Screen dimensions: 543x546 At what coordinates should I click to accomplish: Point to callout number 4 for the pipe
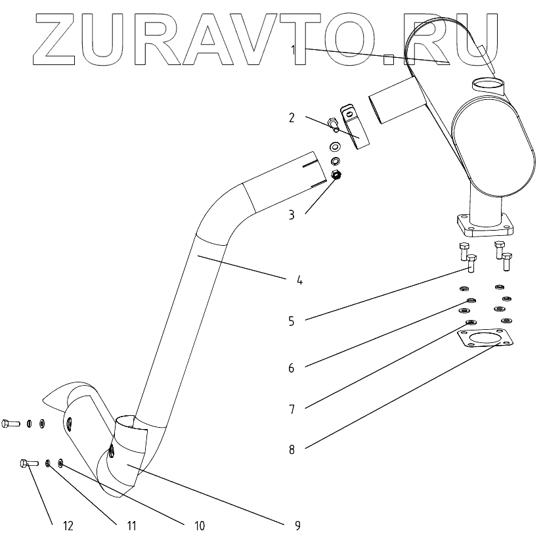point(299,279)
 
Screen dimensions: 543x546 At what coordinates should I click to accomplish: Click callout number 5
point(290,321)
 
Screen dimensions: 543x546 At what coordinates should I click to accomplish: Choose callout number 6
point(290,368)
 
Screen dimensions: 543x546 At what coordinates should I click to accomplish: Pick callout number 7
point(290,409)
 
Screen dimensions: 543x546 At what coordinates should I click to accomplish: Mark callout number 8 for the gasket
point(290,450)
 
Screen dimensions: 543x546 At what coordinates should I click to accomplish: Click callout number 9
point(297,525)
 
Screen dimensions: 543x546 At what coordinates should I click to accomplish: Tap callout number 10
point(200,525)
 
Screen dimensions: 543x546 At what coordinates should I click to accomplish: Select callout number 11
point(131,525)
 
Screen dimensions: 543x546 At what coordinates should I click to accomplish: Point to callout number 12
point(68,525)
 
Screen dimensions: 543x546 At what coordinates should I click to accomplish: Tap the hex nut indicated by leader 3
point(336,175)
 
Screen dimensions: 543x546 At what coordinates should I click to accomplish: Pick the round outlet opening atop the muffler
point(489,84)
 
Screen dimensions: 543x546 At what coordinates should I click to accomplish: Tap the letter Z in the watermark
point(56,39)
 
